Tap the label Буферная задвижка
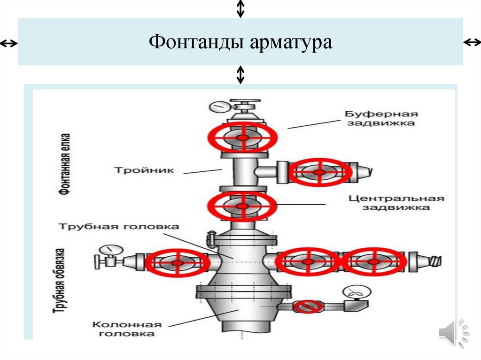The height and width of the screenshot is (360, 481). click(x=380, y=118)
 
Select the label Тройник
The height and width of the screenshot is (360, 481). click(x=143, y=169)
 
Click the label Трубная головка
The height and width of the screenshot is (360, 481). click(x=118, y=227)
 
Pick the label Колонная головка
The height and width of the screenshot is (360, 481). click(x=127, y=329)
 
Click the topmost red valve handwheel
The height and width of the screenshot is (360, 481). click(x=243, y=138)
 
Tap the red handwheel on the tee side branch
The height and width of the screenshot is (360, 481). click(x=319, y=172)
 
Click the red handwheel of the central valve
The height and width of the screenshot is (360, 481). click(x=242, y=206)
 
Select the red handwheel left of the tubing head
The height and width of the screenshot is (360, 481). click(x=178, y=262)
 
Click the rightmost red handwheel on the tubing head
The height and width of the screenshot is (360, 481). click(x=374, y=262)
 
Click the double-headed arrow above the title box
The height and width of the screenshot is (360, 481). click(x=240, y=8)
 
